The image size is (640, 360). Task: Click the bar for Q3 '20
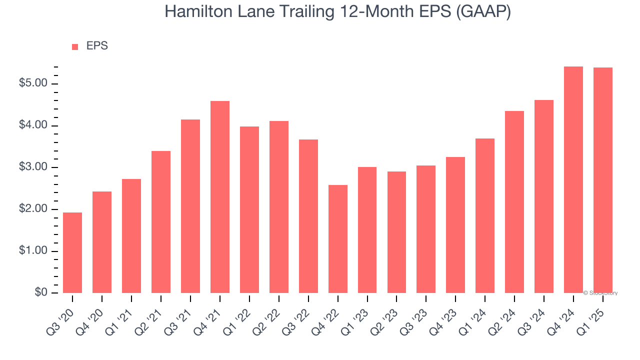pos(72,252)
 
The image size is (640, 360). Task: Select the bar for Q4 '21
pos(220,197)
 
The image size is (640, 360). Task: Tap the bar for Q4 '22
pos(338,239)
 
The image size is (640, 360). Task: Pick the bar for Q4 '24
pos(573,179)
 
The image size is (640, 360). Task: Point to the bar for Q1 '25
pos(603,180)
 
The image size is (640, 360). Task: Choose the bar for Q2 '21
pos(161,222)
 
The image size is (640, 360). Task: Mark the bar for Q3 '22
pos(308,216)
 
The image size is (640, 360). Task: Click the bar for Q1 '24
pos(485,215)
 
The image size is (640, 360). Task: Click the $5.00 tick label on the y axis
pos(33,83)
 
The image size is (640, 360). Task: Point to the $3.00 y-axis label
pos(33,167)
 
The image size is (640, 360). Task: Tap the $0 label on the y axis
pos(41,293)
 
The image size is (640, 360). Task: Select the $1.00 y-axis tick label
pos(33,251)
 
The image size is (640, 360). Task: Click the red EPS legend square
pos(75,46)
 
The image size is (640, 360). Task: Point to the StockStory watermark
pos(600,293)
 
